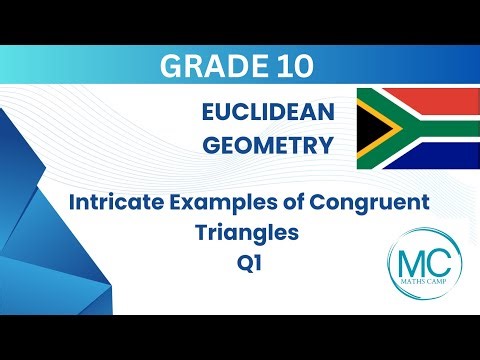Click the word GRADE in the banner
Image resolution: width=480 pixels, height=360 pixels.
(x=207, y=66)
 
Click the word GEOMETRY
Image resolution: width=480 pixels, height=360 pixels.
(x=267, y=146)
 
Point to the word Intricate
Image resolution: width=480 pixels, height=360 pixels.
(x=118, y=202)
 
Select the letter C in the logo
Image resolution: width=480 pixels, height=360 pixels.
(x=430, y=266)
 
